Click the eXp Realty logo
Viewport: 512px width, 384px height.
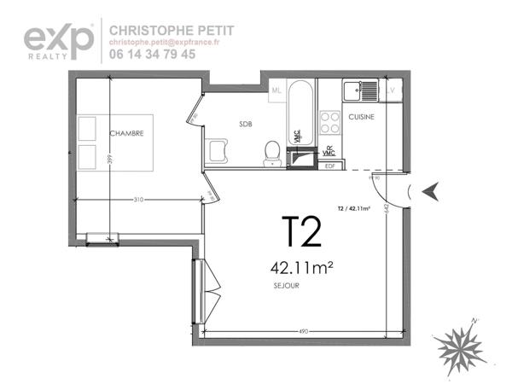tap(58, 41)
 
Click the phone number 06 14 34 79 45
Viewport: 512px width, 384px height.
tap(153, 54)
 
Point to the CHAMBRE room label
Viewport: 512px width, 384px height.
tap(126, 133)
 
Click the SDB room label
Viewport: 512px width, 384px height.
tap(247, 124)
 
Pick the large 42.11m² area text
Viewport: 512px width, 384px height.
tap(301, 268)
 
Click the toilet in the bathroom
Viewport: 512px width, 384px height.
tap(272, 152)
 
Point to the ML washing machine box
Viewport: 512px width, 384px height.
tap(276, 90)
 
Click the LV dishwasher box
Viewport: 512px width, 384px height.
tap(392, 90)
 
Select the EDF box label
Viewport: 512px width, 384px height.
tap(329, 166)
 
